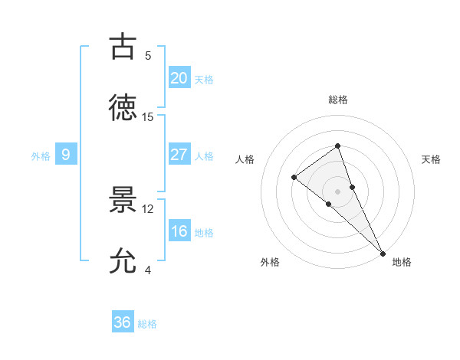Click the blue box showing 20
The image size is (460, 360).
tap(179, 78)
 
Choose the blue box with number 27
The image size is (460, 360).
tap(179, 155)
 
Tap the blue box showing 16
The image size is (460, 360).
tap(179, 231)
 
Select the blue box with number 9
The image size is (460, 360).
tap(66, 155)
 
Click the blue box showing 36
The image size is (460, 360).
tap(123, 322)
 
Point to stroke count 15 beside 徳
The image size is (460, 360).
tap(148, 117)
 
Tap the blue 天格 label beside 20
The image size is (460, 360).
tap(204, 80)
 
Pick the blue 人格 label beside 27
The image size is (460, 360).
tap(204, 156)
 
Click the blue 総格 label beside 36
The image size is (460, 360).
tap(147, 324)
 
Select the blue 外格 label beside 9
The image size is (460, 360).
tap(41, 156)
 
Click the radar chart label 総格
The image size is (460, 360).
tap(337, 100)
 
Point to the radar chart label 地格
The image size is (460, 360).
tap(402, 262)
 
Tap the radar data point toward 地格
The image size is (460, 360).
tap(382, 252)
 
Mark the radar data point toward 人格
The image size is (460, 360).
tap(294, 177)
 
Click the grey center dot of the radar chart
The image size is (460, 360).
tap(337, 191)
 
